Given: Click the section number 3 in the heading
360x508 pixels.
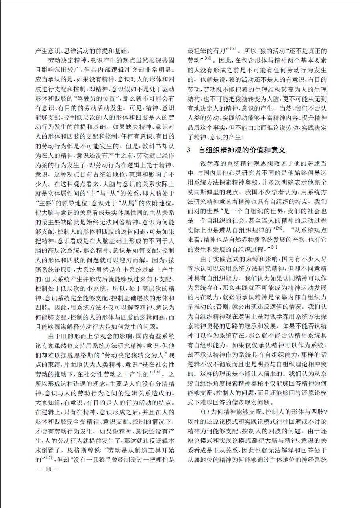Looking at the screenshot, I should pyautogui.click(x=189, y=150).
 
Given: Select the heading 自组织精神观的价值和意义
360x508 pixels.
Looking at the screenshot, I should pyautogui.click(x=242, y=150).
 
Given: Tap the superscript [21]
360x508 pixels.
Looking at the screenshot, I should pyautogui.click(x=274, y=246).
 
